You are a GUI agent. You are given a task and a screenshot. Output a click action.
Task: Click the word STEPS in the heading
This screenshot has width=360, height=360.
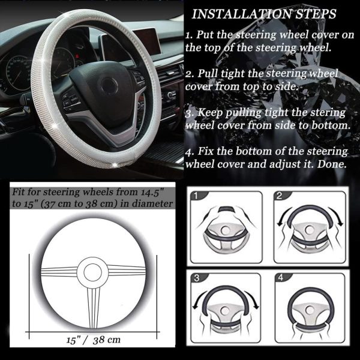(x=316, y=14)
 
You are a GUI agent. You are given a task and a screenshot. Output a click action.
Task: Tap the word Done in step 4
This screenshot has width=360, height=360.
(x=332, y=164)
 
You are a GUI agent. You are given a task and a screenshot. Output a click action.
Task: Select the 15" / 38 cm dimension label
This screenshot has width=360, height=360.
(x=94, y=340)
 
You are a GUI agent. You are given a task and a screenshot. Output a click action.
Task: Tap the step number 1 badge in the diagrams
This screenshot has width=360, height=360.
(x=196, y=196)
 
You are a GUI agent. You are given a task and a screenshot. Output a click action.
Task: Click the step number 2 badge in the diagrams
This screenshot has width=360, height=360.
(x=279, y=196)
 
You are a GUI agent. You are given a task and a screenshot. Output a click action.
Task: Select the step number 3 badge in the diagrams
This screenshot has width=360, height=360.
(x=197, y=278)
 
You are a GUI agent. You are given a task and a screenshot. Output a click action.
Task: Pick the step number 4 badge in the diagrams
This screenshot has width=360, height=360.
(x=281, y=278)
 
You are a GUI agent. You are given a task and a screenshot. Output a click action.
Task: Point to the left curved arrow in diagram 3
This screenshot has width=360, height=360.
(x=199, y=298)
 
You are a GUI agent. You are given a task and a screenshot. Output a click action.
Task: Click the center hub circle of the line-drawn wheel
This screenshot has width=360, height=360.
(x=93, y=272)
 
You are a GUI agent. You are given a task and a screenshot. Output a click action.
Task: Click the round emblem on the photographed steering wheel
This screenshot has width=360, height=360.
(x=109, y=86)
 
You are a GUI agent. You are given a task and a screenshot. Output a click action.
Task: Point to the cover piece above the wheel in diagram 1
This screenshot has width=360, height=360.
(x=227, y=209)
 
